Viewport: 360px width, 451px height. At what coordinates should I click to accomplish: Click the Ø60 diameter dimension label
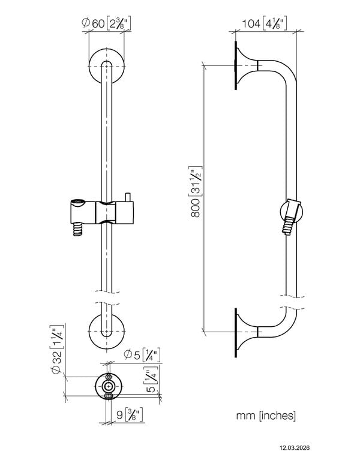[x=106, y=25]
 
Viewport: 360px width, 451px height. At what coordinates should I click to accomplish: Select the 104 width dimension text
[x=263, y=25]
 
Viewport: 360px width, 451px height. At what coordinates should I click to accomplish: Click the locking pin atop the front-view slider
[x=127, y=196]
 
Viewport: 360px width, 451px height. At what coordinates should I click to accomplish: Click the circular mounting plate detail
[x=107, y=386]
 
